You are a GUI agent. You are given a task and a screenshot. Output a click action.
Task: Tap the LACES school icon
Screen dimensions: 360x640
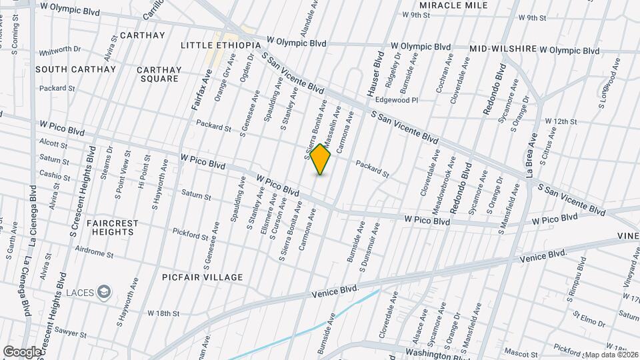tap(105, 291)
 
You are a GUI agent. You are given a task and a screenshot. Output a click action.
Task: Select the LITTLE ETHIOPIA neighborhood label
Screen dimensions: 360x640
tap(220, 45)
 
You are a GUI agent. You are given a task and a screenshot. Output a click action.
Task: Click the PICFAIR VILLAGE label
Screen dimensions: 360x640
tap(202, 277)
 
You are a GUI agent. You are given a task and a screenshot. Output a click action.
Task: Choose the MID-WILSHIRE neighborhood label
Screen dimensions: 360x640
tap(502, 49)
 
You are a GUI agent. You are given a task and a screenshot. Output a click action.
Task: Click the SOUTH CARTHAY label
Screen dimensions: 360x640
tap(75, 69)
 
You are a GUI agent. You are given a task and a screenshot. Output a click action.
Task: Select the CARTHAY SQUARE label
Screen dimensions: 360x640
tap(159, 74)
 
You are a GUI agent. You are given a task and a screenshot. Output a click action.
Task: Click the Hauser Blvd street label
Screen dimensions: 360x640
tap(372, 73)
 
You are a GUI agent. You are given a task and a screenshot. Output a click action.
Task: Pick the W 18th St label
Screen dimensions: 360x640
tap(164, 313)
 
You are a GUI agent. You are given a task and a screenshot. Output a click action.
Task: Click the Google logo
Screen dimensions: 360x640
tap(22, 351)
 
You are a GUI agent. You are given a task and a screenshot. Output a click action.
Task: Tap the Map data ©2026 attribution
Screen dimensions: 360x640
tap(611, 355)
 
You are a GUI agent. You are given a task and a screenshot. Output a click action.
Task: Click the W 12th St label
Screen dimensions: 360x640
tap(560, 121)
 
